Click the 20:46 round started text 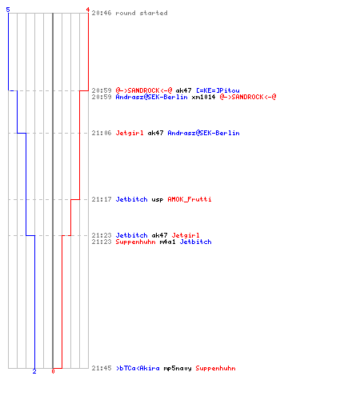coord(130,13)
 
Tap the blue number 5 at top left coord(8,10)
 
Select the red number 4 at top coord(87,10)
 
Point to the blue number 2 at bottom coord(34,371)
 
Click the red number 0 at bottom coord(53,371)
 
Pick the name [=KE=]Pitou coord(218,90)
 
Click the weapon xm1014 coord(203,97)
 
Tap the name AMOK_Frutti coord(190,199)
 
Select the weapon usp coord(158,200)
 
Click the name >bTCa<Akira coord(138,368)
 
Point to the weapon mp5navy coord(178,369)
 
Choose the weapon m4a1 coord(167,242)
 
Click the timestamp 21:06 coord(102,133)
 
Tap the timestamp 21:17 coord(102,199)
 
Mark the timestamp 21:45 coord(102,368)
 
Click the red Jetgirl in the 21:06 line coord(130,133)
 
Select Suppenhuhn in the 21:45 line coord(215,369)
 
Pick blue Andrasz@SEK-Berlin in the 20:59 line coord(151,97)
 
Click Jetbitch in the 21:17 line coord(131,199)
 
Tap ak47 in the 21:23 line coord(159,235)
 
